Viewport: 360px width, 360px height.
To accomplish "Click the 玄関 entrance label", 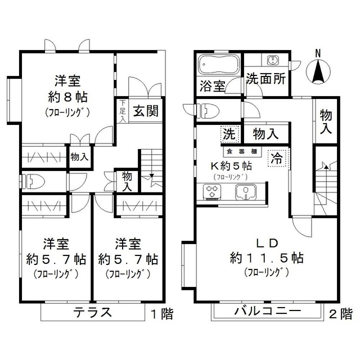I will (145, 111).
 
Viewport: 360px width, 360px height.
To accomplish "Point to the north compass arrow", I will (318, 71).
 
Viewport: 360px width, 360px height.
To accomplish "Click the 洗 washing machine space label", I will (228, 134).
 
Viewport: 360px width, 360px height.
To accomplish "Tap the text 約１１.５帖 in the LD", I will (267, 258).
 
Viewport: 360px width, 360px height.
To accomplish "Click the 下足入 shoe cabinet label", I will (123, 111).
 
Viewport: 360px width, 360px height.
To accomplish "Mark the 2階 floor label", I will (341, 313).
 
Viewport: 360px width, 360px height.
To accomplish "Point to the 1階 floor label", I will (161, 313).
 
